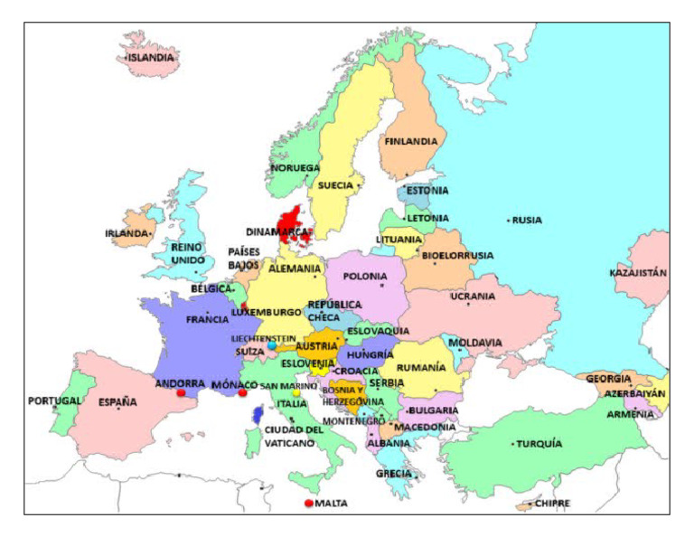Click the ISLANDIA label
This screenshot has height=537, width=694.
coord(150,57)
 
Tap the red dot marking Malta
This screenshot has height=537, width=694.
coord(309,503)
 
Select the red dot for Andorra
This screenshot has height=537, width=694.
coord(182,393)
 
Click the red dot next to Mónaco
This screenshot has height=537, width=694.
coord(242,393)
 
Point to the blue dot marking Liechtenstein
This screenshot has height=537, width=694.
coord(271,345)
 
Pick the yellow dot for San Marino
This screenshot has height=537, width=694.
coord(295,392)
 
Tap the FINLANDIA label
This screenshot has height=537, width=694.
coord(410,141)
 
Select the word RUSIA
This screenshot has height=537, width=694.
coord(527,220)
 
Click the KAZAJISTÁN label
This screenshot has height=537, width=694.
coord(638,272)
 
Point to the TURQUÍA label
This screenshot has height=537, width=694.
coord(539,444)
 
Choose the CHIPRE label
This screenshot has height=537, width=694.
coord(552,504)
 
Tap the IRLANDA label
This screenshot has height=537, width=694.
coord(127,233)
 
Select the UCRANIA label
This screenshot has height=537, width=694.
coord(473,296)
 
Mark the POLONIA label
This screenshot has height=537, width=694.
coord(364,276)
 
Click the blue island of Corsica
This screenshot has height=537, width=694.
coord(258,415)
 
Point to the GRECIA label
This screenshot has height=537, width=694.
coord(393,474)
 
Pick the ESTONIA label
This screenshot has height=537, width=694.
coord(427,191)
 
